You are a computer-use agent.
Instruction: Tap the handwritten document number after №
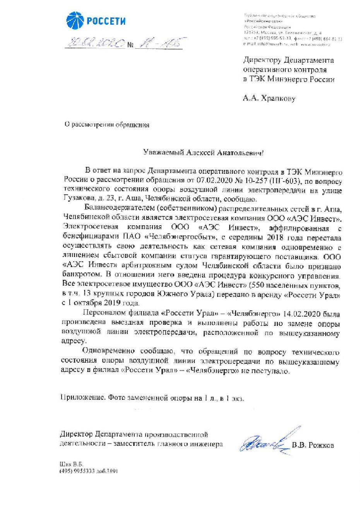[158, 43]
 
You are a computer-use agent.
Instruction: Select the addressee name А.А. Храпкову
[269, 98]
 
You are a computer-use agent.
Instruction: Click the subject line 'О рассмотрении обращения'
[106, 125]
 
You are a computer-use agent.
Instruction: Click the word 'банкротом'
[80, 275]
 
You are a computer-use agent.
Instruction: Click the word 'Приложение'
[82, 397]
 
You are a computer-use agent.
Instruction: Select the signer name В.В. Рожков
[313, 445]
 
